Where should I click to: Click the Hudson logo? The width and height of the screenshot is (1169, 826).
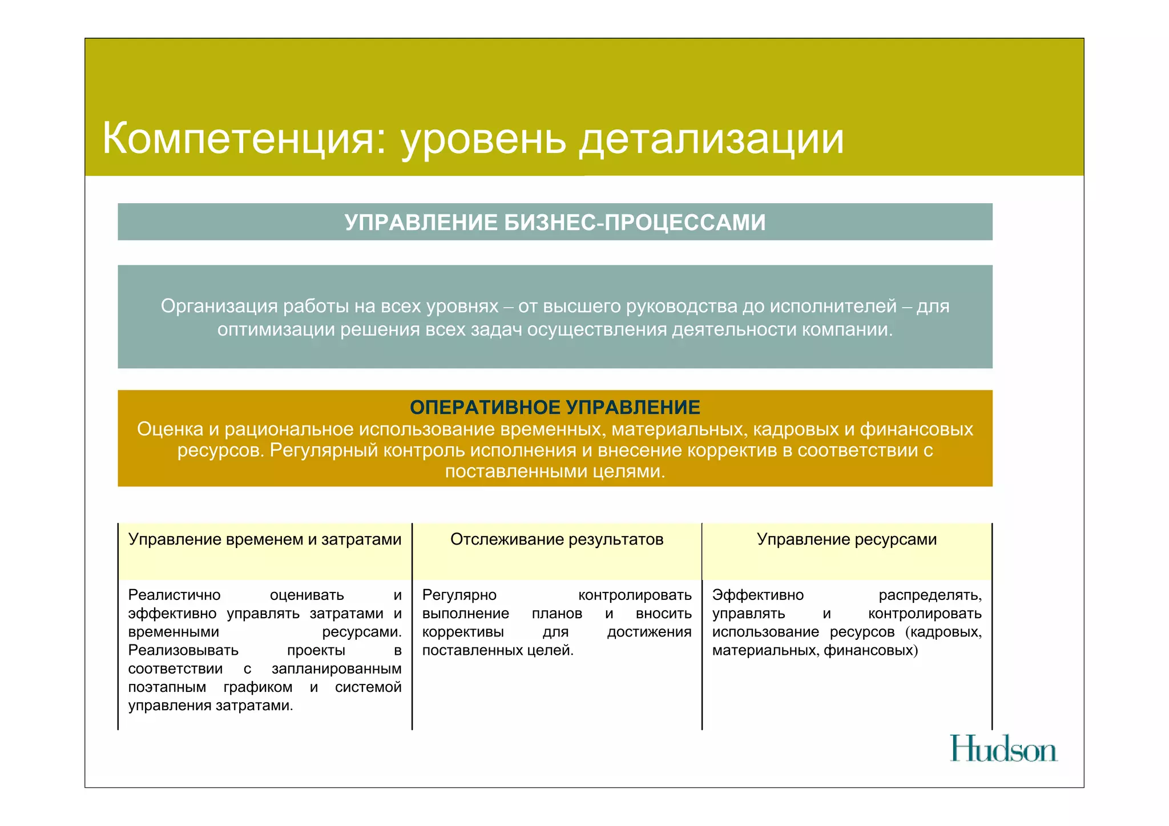click(x=1003, y=749)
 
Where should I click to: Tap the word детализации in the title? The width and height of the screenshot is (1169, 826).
click(x=711, y=139)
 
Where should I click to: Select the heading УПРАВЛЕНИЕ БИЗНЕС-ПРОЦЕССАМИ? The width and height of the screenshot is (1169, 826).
click(x=555, y=223)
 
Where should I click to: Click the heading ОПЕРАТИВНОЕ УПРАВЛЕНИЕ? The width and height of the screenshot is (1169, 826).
click(x=555, y=408)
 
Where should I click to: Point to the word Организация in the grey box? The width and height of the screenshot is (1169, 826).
click(x=218, y=307)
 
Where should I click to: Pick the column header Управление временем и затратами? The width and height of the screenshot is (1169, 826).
click(x=265, y=539)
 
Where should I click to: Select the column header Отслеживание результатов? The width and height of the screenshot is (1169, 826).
click(x=557, y=539)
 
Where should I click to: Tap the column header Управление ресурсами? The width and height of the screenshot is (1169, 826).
click(x=846, y=539)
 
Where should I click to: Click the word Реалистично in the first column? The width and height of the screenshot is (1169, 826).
click(x=174, y=595)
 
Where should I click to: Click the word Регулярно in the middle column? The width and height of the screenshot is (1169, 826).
click(x=459, y=595)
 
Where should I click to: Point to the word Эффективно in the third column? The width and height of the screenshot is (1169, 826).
click(x=757, y=595)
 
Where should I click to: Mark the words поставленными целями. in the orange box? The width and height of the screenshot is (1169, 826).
click(x=555, y=472)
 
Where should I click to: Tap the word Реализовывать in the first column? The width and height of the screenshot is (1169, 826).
click(x=183, y=651)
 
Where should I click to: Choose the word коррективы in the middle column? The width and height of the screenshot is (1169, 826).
click(x=463, y=632)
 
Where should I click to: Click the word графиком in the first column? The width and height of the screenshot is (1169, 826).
click(x=258, y=687)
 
